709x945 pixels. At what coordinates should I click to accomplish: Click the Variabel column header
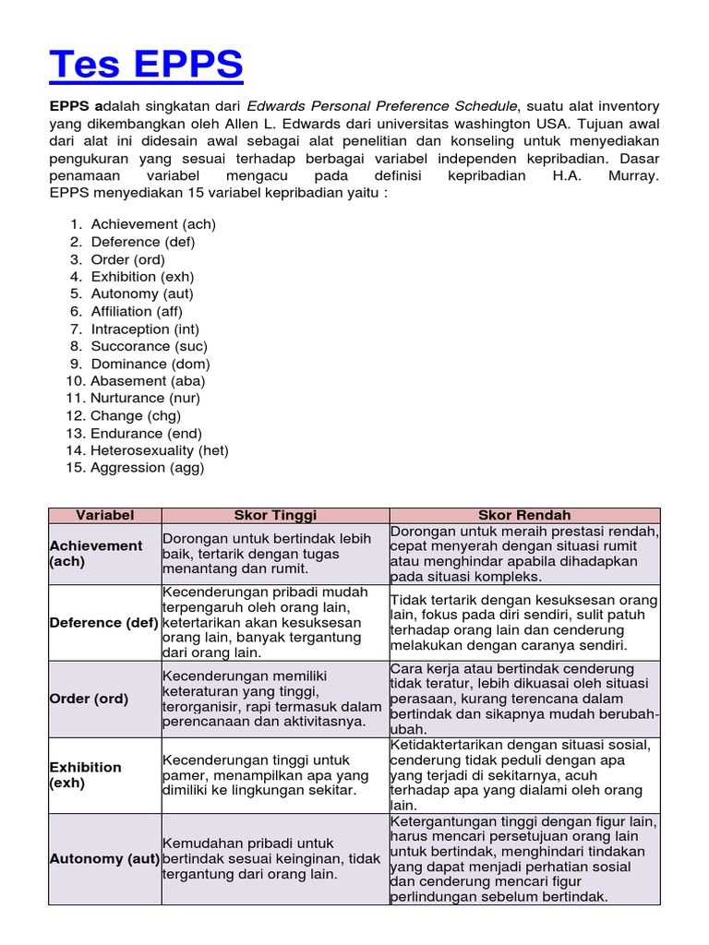pos(104,515)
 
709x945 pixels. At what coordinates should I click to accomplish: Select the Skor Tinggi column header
pos(275,515)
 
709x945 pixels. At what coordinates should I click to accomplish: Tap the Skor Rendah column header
pos(524,515)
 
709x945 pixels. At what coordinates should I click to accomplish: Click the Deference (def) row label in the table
pos(103,623)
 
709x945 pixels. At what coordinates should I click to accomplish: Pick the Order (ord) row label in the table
pos(89,699)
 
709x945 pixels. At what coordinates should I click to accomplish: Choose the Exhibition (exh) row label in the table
pos(85,775)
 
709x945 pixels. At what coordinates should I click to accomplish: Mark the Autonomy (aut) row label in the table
pos(103,859)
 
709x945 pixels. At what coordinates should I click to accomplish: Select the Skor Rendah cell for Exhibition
pos(524,775)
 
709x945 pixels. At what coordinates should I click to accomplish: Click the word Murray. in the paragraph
pos(634,175)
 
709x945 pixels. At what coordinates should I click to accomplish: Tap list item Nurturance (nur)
pos(145,398)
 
